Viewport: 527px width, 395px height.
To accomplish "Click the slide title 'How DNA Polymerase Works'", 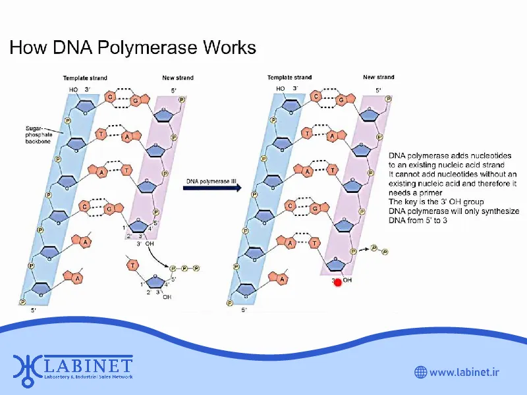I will coord(132,48).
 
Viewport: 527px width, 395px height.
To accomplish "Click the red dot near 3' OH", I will coord(338,282).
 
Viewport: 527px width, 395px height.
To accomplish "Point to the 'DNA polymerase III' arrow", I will coord(212,188).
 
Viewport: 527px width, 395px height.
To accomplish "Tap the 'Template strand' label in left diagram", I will coord(85,78).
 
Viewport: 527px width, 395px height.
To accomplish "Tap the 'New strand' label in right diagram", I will coord(379,78).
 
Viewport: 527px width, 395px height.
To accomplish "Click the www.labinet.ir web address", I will coord(464,373).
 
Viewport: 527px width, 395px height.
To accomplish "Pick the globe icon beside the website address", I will coord(420,373).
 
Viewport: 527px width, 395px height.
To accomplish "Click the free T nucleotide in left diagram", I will coord(133,265).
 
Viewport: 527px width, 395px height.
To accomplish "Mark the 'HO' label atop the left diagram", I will coord(73,90).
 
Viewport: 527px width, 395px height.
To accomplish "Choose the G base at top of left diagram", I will coord(136,101).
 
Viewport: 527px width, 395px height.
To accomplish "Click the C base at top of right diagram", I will coord(316,97).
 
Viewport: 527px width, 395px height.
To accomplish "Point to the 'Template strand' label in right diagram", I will coord(290,78).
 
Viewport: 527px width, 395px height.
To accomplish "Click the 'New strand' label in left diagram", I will coord(178,78).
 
